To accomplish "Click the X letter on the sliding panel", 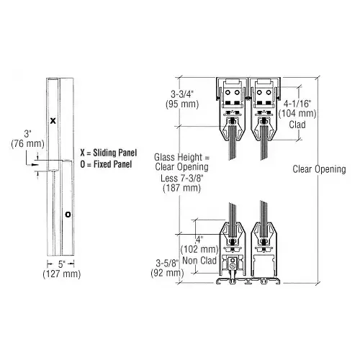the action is click(53, 121).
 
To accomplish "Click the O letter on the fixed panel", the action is click(68, 215).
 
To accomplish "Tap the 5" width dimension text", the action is click(62, 264).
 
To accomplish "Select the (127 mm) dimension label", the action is click(62, 274).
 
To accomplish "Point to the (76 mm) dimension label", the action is click(28, 144).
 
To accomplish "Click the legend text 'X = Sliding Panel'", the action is click(109, 153).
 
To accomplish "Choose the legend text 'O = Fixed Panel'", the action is click(106, 164).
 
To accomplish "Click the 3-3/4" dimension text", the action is click(183, 94).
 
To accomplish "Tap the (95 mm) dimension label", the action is click(182, 104).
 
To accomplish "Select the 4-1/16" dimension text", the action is click(297, 104).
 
